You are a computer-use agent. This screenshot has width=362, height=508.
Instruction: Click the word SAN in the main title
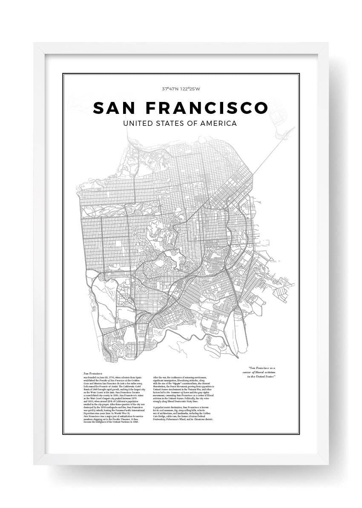tap(115, 108)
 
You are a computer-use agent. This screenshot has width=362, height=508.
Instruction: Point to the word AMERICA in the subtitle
tap(219, 124)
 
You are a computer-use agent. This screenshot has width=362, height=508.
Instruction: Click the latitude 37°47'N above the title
tap(171, 90)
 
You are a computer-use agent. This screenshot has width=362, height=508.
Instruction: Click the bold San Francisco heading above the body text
tap(92, 373)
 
